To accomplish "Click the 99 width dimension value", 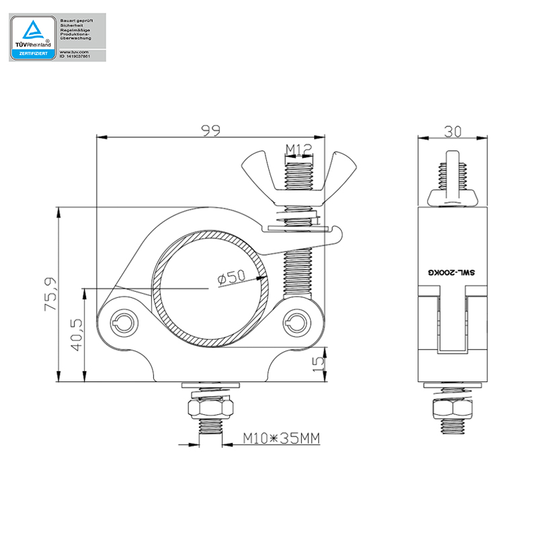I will (x=211, y=131).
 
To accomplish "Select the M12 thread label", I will (x=299, y=149).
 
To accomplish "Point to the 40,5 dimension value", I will (x=76, y=334).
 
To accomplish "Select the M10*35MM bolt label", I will (x=280, y=439).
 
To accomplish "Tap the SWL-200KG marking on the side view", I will (x=452, y=273).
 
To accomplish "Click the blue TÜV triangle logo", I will (x=32, y=30).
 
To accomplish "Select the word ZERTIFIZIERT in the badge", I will (x=32, y=52).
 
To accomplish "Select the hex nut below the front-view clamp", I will (x=210, y=408).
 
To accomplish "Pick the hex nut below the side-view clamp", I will (x=452, y=408).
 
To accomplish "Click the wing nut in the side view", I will (x=452, y=196).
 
